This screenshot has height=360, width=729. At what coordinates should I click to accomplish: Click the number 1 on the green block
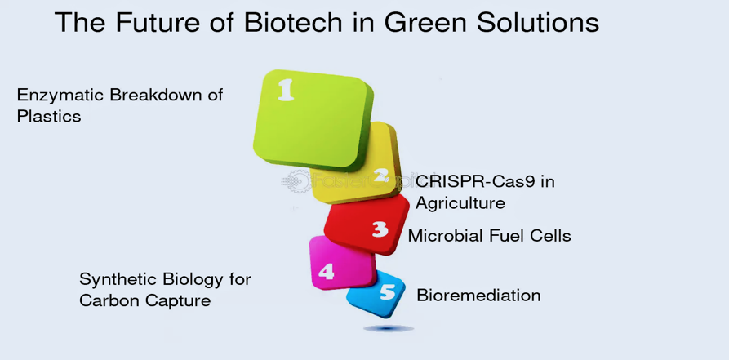[286, 90]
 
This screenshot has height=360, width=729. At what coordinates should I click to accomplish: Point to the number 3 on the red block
[380, 229]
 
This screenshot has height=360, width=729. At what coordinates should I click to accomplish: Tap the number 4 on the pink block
[326, 272]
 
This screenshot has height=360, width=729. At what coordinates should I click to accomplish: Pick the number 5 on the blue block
[387, 292]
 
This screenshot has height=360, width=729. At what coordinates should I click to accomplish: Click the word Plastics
[49, 116]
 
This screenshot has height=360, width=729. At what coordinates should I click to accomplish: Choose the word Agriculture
[460, 203]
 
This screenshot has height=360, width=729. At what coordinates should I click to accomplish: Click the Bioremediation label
[478, 296]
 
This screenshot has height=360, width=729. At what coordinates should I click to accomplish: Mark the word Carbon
[109, 300]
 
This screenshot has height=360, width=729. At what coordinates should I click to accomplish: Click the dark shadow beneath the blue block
[389, 328]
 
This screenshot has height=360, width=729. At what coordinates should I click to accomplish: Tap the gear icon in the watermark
[296, 181]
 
